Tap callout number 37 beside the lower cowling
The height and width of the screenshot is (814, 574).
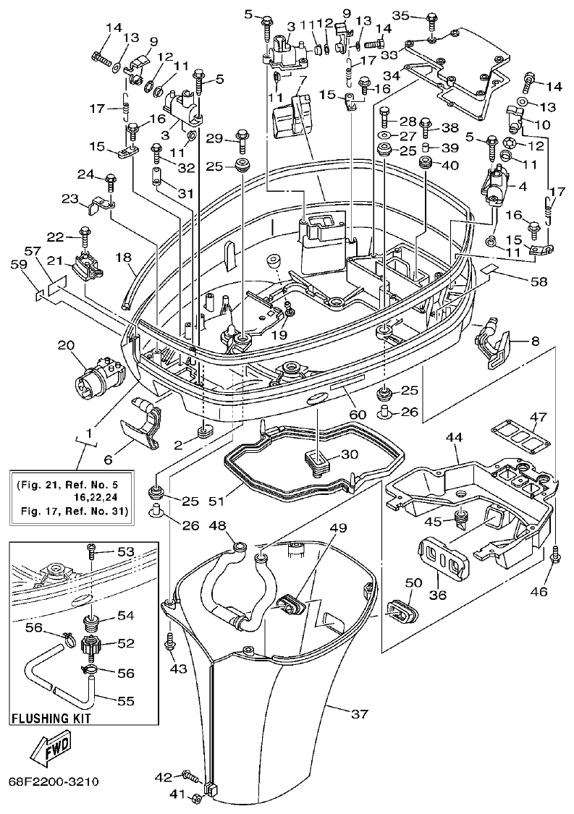coord(360,715)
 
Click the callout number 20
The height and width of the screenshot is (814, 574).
coord(67,346)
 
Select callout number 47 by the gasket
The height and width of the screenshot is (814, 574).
coord(537,417)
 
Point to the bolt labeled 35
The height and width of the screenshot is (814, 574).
coord(431,21)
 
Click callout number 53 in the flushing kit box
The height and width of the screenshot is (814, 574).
coord(126,552)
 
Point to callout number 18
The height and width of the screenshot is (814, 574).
coord(125,257)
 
